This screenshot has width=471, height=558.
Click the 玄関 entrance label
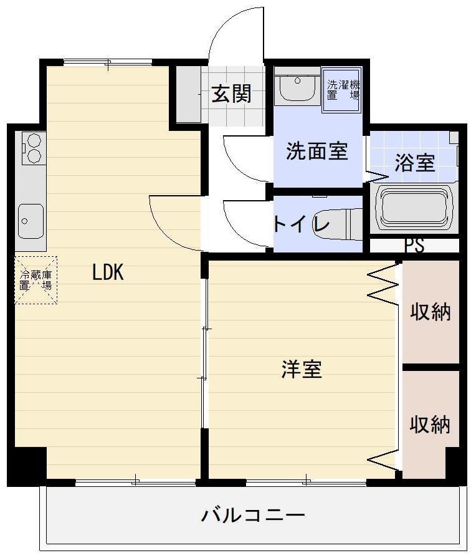231,94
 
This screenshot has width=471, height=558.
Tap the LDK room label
108,272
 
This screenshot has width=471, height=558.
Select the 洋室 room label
302,369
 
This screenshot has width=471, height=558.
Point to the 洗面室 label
316,151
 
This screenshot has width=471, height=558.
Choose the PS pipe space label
414,246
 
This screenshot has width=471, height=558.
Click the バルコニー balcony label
253,516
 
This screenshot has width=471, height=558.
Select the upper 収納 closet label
430,312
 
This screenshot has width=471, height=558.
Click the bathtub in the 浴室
414,208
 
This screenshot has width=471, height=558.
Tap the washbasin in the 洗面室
298,89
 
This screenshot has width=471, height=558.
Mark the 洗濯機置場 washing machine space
343,91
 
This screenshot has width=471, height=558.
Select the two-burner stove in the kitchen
32,148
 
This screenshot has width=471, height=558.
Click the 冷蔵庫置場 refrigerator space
36,280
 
